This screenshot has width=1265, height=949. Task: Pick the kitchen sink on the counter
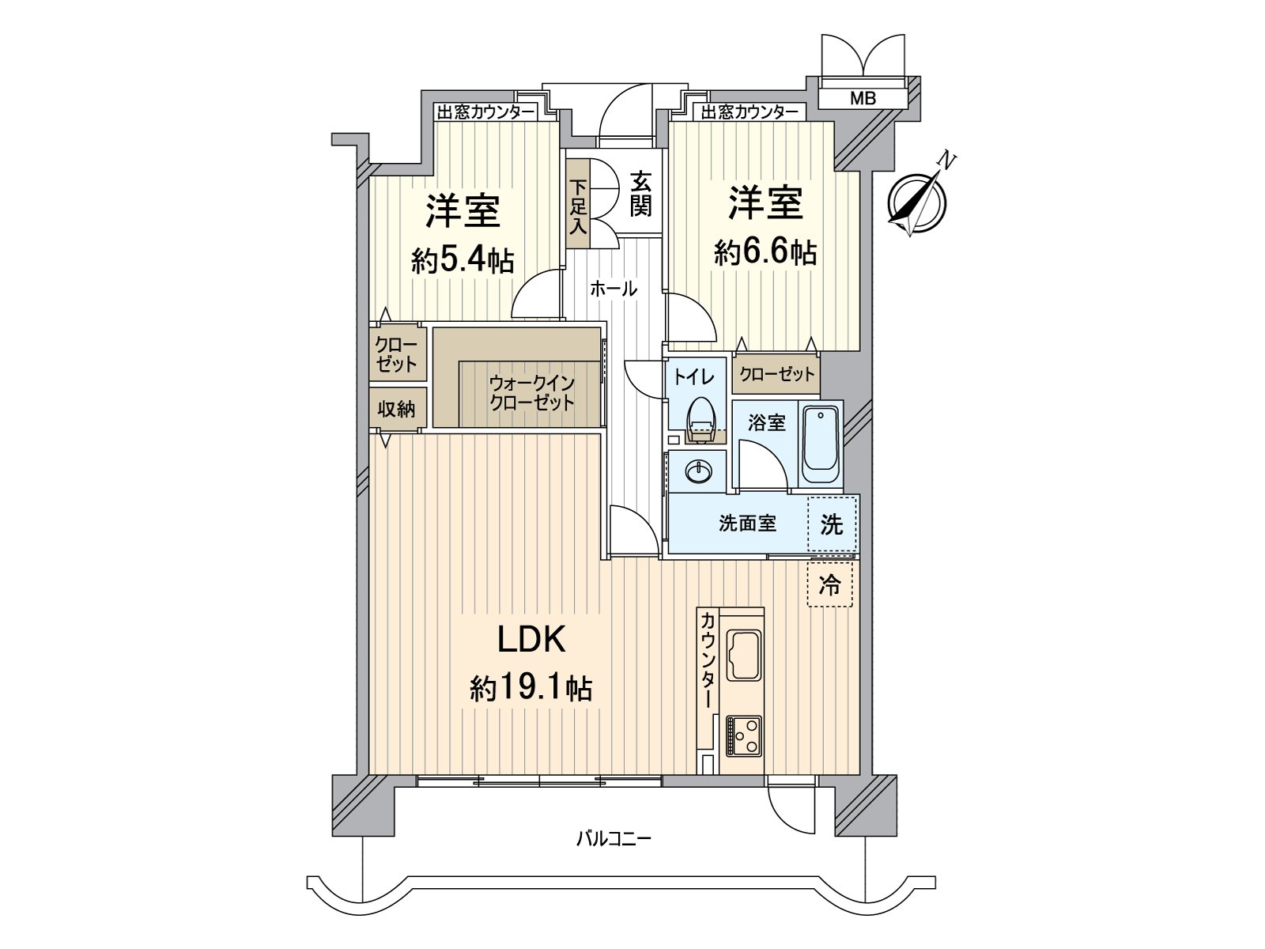click(744, 655)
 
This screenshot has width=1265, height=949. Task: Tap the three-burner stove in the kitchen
click(743, 736)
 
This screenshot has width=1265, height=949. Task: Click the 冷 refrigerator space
click(830, 585)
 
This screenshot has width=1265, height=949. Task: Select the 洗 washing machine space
click(832, 524)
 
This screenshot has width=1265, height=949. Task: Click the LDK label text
click(531, 640)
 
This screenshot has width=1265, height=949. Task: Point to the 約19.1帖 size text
click(531, 689)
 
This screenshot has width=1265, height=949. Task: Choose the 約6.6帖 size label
click(765, 252)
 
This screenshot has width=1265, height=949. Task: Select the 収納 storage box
click(396, 410)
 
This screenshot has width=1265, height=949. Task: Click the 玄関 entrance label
click(640, 195)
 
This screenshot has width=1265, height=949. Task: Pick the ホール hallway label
click(614, 289)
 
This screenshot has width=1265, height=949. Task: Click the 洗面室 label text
click(747, 524)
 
